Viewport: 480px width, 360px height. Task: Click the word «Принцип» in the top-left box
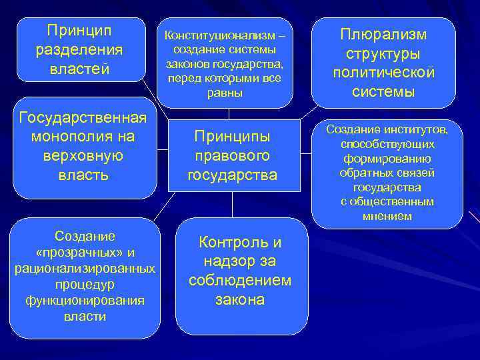(x=79, y=31)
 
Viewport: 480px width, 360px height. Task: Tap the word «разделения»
(x=80, y=51)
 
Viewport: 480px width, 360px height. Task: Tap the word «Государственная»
(x=83, y=118)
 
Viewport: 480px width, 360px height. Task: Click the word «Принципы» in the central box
(x=232, y=136)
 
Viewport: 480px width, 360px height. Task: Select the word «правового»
(x=232, y=155)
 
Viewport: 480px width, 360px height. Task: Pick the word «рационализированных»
(x=85, y=268)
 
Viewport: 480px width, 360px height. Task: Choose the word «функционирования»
(x=85, y=300)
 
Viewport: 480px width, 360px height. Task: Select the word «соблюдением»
(x=240, y=280)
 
